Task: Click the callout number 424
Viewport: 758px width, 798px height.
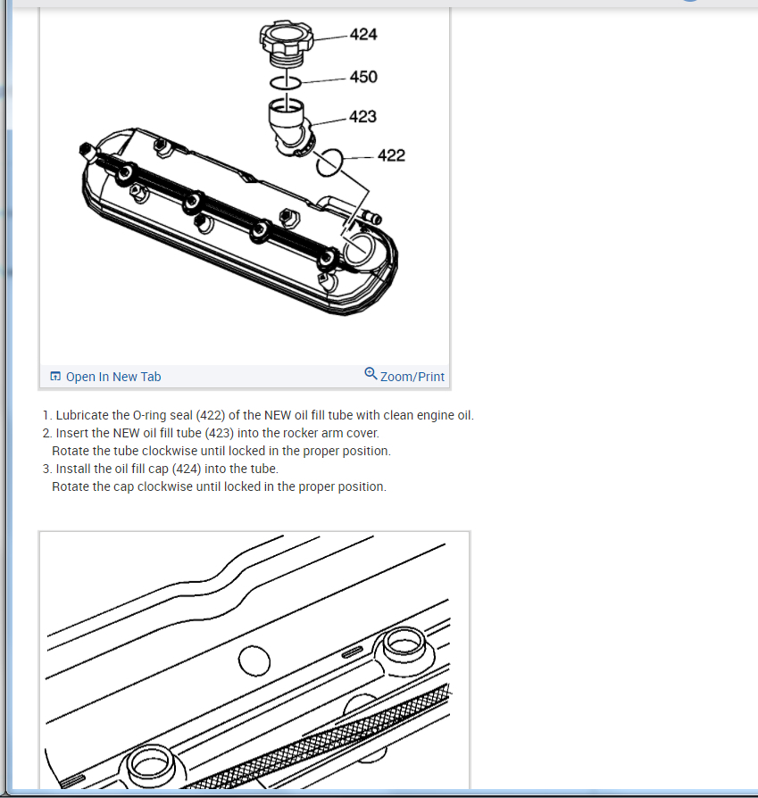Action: click(363, 35)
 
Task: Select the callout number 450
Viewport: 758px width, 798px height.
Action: click(363, 77)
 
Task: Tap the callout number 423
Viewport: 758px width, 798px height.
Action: click(362, 117)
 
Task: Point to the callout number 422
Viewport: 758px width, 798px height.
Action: click(391, 155)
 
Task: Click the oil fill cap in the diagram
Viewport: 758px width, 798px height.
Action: click(286, 43)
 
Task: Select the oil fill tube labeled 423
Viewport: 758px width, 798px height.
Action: click(289, 128)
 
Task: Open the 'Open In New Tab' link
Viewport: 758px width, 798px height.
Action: click(113, 377)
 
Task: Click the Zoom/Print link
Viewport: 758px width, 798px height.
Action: click(412, 377)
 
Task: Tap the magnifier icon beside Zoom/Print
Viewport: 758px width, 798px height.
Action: click(371, 374)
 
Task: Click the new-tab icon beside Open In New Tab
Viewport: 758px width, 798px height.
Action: click(55, 376)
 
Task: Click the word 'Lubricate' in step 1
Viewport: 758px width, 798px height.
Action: click(82, 415)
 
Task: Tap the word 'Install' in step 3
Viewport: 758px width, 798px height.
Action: click(71, 469)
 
